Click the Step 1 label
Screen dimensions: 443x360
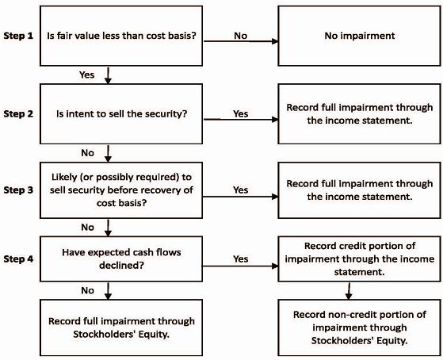[18, 36]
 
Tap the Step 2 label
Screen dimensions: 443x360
[18, 114]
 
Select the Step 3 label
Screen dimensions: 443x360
[18, 190]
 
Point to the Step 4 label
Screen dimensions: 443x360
[18, 259]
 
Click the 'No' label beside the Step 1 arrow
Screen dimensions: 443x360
[241, 36]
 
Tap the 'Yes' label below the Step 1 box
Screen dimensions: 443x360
[86, 75]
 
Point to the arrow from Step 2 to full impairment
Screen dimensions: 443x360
[241, 120]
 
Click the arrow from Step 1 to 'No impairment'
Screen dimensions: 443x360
[241, 41]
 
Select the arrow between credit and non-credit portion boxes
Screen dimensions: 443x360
[349, 291]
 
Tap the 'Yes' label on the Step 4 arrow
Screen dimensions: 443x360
[241, 259]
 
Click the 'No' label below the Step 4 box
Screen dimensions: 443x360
[88, 291]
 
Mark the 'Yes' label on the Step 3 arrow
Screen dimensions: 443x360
[241, 190]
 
